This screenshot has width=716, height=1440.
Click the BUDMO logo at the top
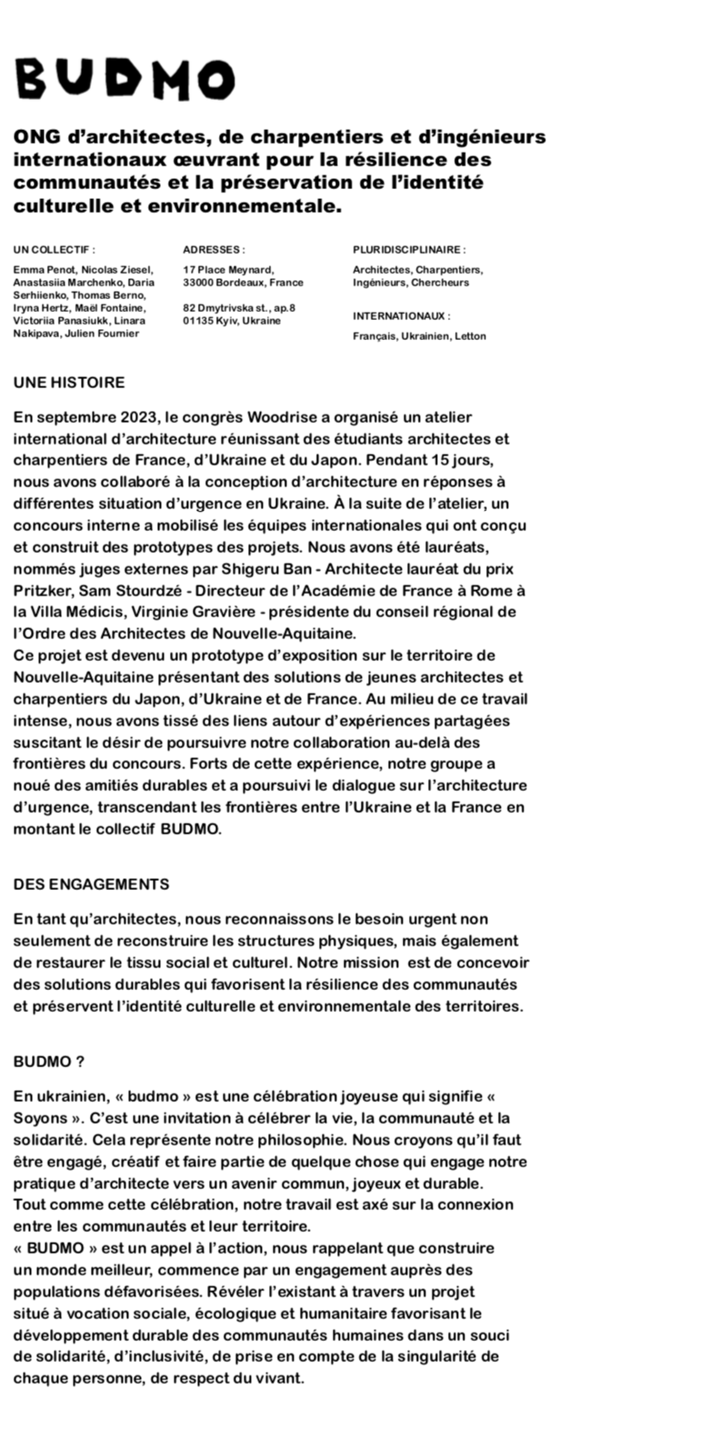124,80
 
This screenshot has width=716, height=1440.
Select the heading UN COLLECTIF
54,249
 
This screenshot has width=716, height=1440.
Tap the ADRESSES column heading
214,249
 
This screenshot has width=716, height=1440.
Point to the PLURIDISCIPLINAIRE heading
409,249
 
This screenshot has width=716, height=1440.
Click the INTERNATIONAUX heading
401,316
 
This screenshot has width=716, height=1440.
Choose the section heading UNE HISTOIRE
69,383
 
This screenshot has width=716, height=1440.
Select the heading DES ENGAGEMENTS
91,885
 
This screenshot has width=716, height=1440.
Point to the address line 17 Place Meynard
228,270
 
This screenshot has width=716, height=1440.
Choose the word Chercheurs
440,283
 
